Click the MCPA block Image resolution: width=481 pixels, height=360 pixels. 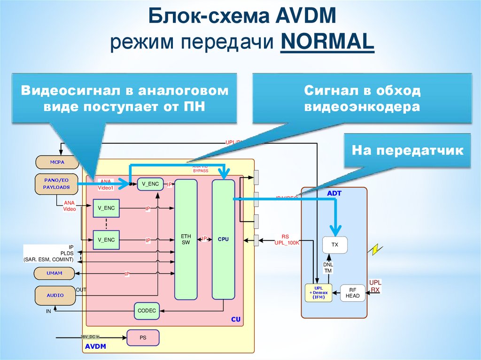click(x=57, y=163)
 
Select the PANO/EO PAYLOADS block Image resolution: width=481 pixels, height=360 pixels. click(x=57, y=184)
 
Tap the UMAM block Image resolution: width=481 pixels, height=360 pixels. click(x=54, y=273)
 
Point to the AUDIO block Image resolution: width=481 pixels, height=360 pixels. click(x=55, y=295)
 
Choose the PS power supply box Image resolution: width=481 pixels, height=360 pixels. click(x=143, y=338)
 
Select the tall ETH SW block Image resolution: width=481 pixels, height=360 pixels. click(x=186, y=239)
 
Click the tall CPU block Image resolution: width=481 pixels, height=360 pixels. click(x=223, y=239)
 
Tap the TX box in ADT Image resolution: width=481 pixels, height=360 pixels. click(x=334, y=245)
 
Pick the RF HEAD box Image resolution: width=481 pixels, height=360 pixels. click(x=352, y=293)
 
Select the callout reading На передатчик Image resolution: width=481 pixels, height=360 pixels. click(x=407, y=151)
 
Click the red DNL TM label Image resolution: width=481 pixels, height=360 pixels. click(x=328, y=268)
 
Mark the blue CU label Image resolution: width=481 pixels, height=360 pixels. click(x=235, y=320)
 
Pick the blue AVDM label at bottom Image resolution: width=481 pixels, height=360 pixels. click(x=95, y=346)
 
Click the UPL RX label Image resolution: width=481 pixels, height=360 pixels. click(x=375, y=286)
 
